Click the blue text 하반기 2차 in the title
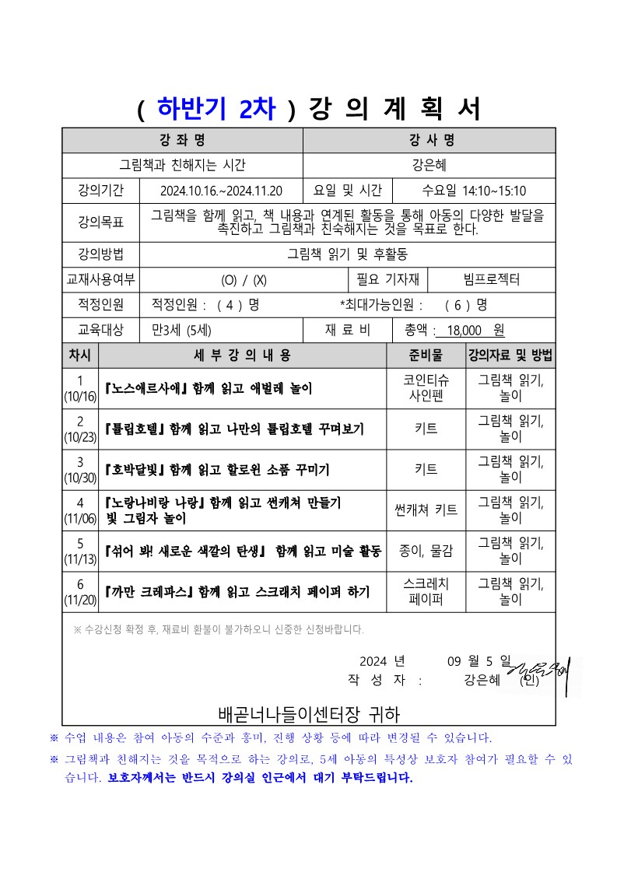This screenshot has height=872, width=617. pyautogui.click(x=216, y=109)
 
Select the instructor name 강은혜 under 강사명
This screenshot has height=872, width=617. pyautogui.click(x=429, y=165)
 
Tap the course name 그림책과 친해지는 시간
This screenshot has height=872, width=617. pyautogui.click(x=182, y=165)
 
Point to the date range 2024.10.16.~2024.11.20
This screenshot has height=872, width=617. pyautogui.click(x=221, y=191)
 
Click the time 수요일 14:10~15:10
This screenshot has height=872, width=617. pyautogui.click(x=474, y=191)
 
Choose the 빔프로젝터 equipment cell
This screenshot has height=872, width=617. pyautogui.click(x=491, y=279)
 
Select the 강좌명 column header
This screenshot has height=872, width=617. pyautogui.click(x=182, y=140)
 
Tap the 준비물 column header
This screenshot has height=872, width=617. pyautogui.click(x=426, y=355)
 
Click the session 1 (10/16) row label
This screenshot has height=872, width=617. pyautogui.click(x=79, y=388)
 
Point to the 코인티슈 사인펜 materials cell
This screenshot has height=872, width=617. pyautogui.click(x=426, y=388)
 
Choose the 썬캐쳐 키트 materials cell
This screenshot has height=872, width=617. pyautogui.click(x=426, y=510)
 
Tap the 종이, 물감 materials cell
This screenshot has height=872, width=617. pyautogui.click(x=426, y=551)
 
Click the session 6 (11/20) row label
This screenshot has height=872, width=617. pyautogui.click(x=79, y=592)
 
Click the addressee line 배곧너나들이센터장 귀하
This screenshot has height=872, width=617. pyautogui.click(x=310, y=713)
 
